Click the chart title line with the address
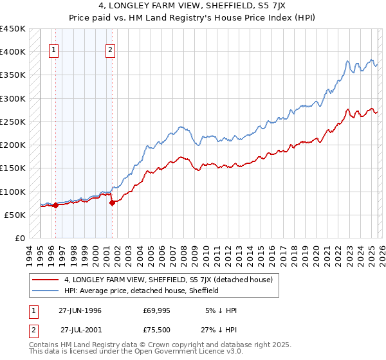pos(193,7)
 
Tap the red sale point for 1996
pos(56,206)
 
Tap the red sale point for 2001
pos(112,203)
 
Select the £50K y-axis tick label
pos(15,215)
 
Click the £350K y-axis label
pos(13,75)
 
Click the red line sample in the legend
pos(46,280)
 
